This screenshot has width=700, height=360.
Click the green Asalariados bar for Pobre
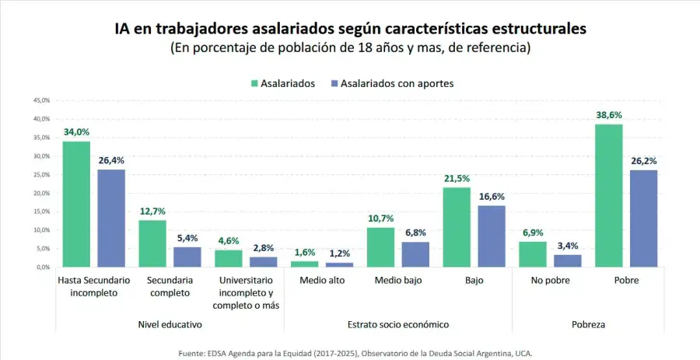609,195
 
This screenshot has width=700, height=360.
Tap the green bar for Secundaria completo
153,243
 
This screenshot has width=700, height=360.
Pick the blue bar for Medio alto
339,264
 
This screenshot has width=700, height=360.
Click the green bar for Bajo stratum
457,227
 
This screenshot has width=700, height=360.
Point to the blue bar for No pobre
568,260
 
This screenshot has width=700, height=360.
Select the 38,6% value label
609,115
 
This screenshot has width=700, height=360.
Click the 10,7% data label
381,218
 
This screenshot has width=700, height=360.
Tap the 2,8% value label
263,247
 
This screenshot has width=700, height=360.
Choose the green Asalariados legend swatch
254,83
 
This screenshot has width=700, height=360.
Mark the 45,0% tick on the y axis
40,100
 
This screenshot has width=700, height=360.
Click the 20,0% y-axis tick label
40,193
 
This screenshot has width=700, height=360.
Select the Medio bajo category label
398,280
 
